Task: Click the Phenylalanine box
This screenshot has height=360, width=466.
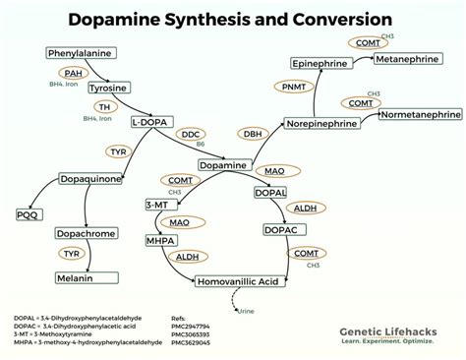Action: [x=76, y=53]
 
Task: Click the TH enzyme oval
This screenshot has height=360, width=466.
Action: [x=103, y=106]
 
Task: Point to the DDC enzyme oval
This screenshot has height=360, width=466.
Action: [x=191, y=133]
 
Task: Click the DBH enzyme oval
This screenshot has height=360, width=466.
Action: [x=254, y=133]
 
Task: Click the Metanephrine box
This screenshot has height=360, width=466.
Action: [x=413, y=59]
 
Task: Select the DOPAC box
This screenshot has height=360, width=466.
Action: [x=283, y=229]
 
